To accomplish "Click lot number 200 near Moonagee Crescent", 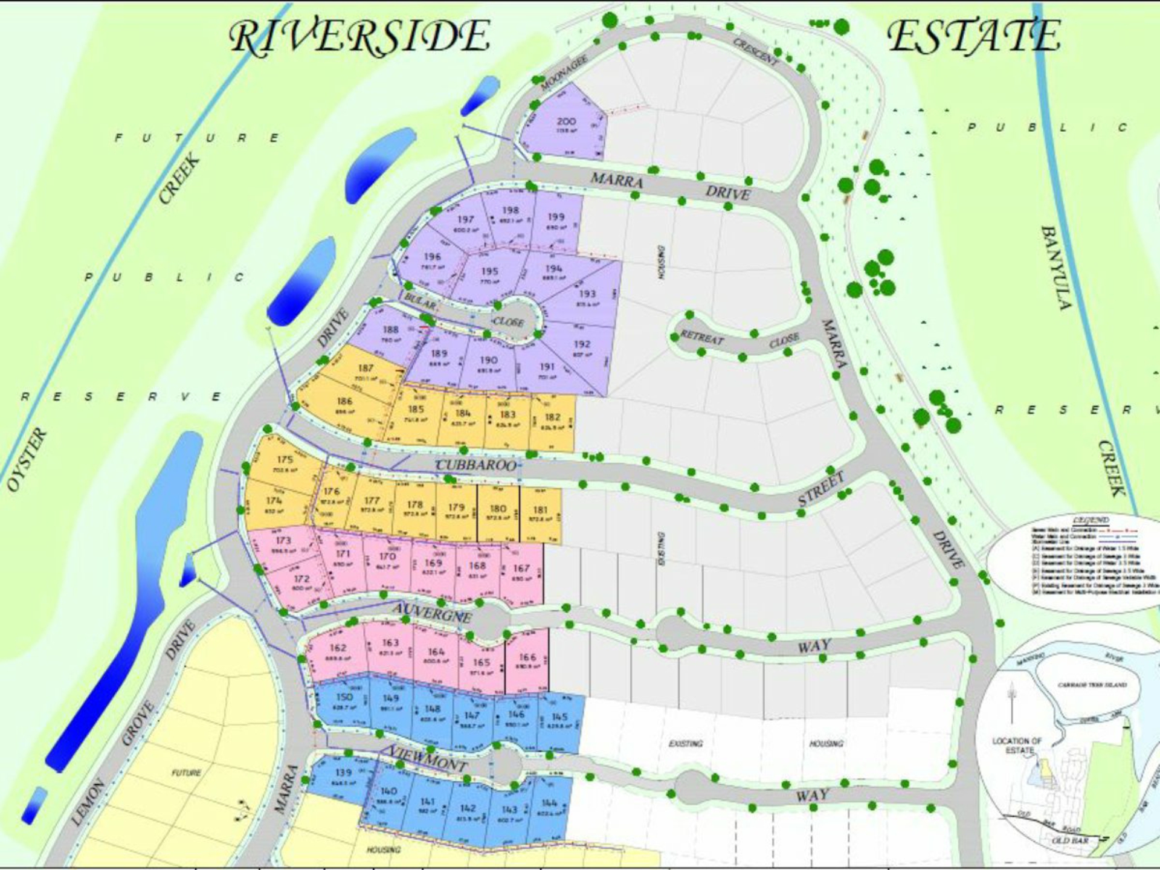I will click(x=566, y=122).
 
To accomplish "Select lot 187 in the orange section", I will click(x=366, y=369).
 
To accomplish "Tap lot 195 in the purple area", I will click(x=489, y=272).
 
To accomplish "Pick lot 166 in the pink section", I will click(x=527, y=658).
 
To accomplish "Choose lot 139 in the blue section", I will click(x=344, y=773).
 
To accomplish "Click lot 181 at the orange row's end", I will click(x=540, y=511).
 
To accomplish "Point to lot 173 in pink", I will click(x=283, y=541).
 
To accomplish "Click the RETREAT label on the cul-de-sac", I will click(x=701, y=337).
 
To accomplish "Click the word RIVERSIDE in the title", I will click(x=360, y=36).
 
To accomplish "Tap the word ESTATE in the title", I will click(x=973, y=36).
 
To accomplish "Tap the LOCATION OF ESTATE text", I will click(x=1017, y=745).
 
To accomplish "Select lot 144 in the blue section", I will click(x=549, y=803).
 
